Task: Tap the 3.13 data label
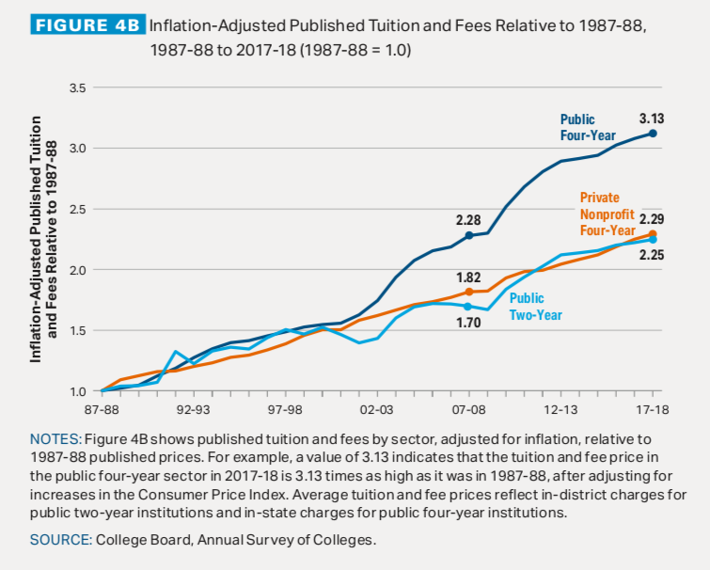tap(651, 119)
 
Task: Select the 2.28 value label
tap(468, 220)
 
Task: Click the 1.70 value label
tap(468, 323)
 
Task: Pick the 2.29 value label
tap(653, 218)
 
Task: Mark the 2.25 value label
tap(653, 254)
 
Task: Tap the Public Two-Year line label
tap(535, 307)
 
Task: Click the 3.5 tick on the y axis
tap(78, 88)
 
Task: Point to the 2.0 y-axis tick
tap(78, 270)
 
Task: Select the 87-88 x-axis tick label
tap(101, 411)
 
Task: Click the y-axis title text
tap(43, 240)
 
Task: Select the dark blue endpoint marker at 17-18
tap(653, 134)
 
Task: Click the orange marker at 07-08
tap(468, 292)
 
